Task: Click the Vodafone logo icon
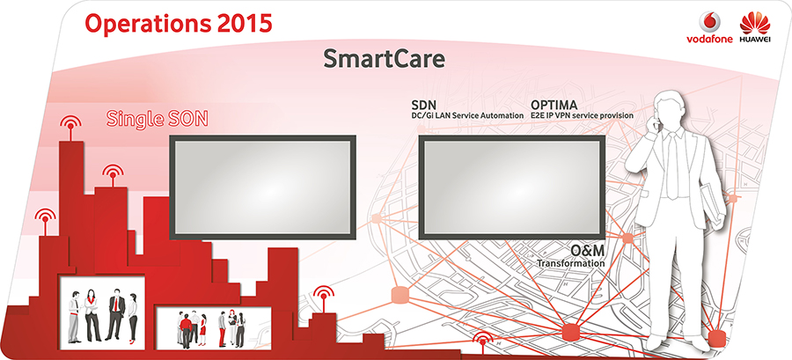point(709,23)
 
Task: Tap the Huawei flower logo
point(754,24)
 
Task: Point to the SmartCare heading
point(384,59)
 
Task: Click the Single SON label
point(158,119)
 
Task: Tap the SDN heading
point(424,106)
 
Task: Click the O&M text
point(588,250)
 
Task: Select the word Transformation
point(570,263)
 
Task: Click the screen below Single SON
point(262,187)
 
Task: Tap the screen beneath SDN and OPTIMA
point(511,187)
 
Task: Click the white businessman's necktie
point(672,165)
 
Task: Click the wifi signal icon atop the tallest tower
point(70,124)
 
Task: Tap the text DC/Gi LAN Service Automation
point(468,115)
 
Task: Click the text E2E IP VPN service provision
point(582,115)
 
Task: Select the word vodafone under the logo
point(709,40)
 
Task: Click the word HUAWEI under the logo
point(755,40)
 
